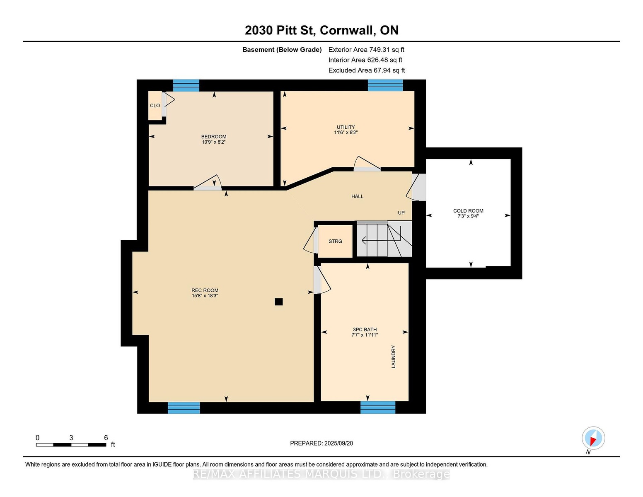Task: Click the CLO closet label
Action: point(155,106)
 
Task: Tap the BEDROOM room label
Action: point(214,137)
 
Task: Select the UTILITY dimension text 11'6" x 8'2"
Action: point(346,133)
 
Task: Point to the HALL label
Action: point(357,196)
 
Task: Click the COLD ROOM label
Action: point(468,211)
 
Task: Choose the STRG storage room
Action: point(335,241)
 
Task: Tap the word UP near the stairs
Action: point(401,213)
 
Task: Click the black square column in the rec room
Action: point(278,302)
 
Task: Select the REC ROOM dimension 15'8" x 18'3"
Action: point(205,295)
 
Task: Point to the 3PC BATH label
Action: point(365,329)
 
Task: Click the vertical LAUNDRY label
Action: point(393,357)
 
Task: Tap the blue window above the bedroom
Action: point(186,85)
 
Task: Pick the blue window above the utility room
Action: point(385,85)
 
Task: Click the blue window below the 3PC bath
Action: point(378,407)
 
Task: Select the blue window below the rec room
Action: point(184,408)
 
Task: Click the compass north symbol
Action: point(593,439)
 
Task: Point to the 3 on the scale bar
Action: point(71,438)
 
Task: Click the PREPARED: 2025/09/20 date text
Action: point(321,443)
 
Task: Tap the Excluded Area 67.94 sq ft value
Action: point(367,70)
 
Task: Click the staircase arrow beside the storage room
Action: point(381,240)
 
